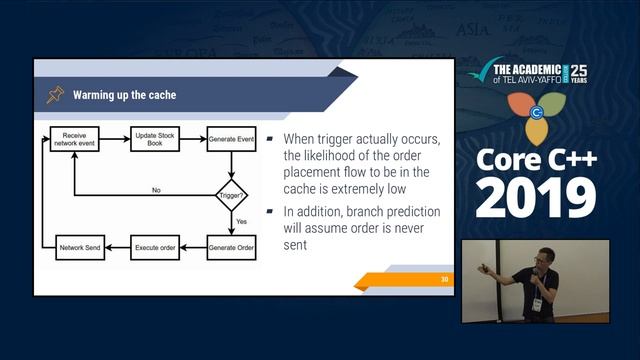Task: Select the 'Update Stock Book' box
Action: tap(155, 139)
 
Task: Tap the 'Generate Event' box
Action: tap(231, 139)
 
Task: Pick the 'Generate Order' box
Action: tap(231, 245)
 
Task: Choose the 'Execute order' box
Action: tap(155, 245)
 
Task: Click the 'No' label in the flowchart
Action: tap(156, 188)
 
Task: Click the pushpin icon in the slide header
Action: tap(54, 95)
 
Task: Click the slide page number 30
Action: tap(444, 279)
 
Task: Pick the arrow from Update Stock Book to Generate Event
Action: tap(193, 139)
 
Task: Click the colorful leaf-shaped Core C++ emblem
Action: tap(535, 112)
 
